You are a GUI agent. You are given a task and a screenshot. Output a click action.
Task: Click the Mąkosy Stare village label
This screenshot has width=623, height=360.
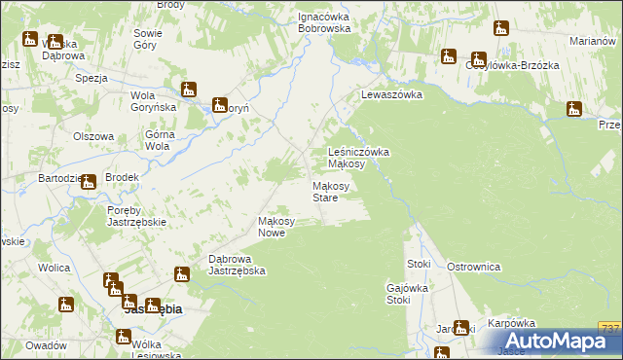point(325,192)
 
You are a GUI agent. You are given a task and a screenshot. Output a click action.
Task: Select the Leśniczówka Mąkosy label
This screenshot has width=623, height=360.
point(359,158)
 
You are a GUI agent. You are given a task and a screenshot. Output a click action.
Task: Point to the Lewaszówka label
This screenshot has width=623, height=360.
point(391,94)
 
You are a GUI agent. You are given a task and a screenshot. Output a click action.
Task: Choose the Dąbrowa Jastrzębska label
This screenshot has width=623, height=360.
point(238,265)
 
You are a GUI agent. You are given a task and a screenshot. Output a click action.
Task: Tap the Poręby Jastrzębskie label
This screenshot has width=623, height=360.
point(137,215)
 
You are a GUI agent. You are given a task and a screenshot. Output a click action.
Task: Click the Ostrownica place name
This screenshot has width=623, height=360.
point(473,266)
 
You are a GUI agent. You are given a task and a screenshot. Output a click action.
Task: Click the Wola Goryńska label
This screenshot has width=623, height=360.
point(151,101)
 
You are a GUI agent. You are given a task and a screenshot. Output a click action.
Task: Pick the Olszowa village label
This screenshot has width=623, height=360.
point(93,137)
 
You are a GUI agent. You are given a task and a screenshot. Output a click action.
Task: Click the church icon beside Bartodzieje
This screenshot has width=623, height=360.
point(89,180)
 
